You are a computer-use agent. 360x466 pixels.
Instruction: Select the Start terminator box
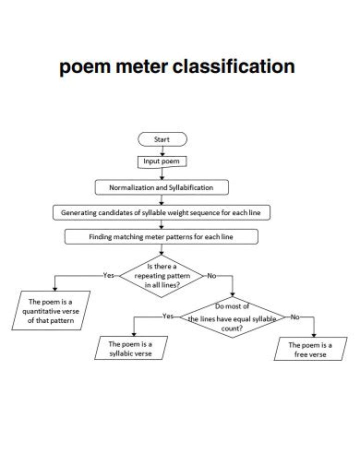click(162, 139)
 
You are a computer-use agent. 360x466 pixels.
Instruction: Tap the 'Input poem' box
click(158, 161)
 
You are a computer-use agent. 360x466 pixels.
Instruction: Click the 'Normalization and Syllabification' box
click(161, 187)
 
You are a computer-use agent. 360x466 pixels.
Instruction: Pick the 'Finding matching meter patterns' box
click(161, 236)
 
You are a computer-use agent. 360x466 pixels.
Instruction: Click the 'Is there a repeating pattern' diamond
click(161, 275)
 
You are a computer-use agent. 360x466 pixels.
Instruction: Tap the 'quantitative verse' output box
click(51, 311)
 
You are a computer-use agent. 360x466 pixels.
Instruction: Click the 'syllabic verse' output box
click(130, 348)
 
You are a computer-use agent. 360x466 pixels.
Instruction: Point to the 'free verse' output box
click(310, 349)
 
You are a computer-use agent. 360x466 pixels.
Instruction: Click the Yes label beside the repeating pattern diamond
click(108, 275)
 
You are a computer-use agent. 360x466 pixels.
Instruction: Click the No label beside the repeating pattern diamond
click(211, 275)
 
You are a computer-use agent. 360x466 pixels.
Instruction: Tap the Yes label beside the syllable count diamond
click(168, 316)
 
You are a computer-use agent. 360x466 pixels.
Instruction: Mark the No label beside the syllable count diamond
click(295, 317)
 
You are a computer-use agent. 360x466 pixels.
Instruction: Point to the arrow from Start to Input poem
click(162, 151)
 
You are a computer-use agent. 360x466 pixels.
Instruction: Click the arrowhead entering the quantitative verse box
click(54, 288)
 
